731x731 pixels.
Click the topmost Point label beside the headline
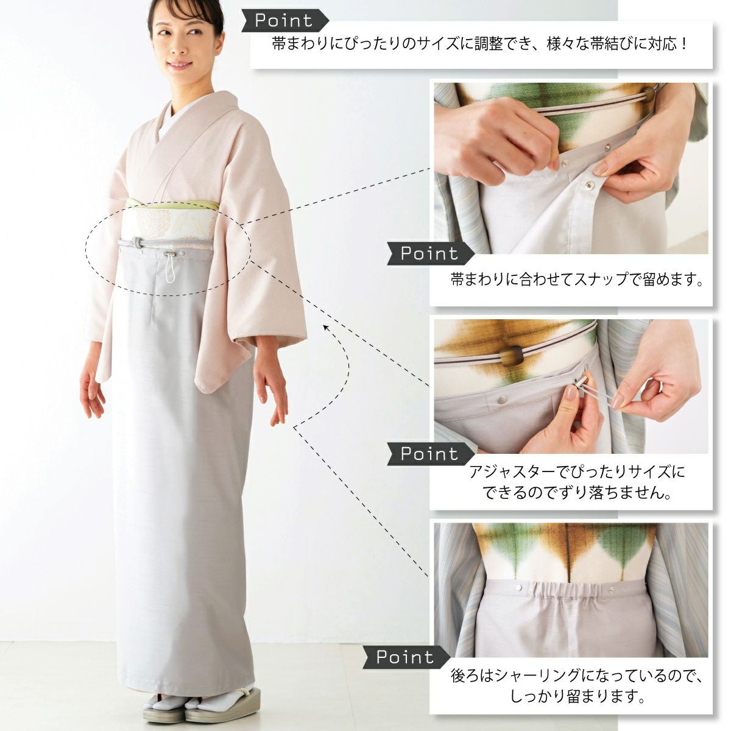tap(284, 21)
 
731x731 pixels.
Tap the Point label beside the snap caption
tap(430, 253)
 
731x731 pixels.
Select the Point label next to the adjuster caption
tap(430, 454)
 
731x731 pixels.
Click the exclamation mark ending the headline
tap(683, 44)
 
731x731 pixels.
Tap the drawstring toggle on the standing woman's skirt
tap(169, 254)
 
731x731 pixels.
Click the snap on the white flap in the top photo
tap(589, 185)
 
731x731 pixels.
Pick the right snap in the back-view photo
tap(611, 589)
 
